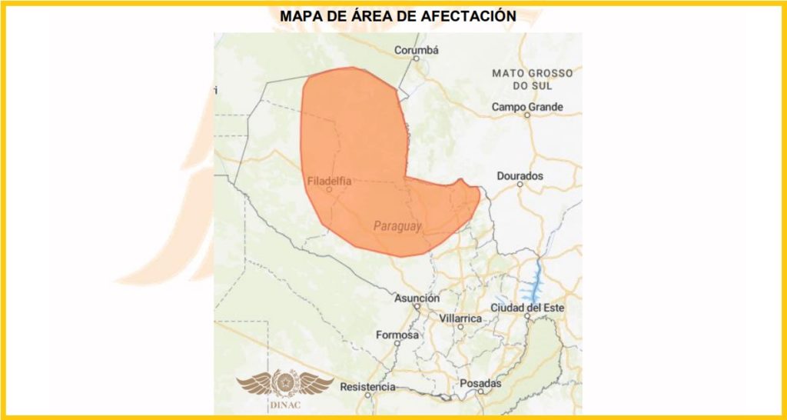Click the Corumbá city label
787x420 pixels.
click(416, 51)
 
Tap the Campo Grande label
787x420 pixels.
click(527, 107)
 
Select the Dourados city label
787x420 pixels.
click(520, 176)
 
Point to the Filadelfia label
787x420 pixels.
click(329, 182)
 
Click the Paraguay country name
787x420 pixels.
click(397, 226)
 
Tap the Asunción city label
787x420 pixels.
click(417, 298)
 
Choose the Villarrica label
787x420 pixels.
click(460, 318)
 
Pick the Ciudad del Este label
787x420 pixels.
click(528, 308)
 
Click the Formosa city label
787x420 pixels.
click(397, 335)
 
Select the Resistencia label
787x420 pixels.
click(367, 386)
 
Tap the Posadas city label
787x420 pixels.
click(480, 383)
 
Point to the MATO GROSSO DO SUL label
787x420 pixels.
click(533, 79)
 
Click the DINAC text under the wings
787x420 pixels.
click(285, 405)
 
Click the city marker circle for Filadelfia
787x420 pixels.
click(329, 190)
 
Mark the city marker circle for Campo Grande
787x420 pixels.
click(527, 115)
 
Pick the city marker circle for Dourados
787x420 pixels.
click(520, 185)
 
